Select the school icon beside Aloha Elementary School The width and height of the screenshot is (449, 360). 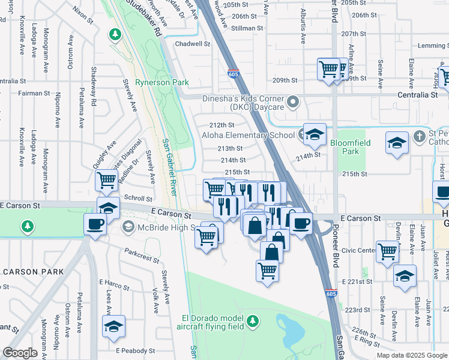click(314, 136)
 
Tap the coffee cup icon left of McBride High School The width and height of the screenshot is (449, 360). click(95, 224)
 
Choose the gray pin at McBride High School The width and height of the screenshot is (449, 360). click(127, 227)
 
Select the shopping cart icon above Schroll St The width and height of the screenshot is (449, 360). click(106, 179)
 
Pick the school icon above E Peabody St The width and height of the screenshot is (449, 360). click(113, 326)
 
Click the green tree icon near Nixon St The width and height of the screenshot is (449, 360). click(115, 35)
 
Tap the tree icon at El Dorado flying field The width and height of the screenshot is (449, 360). click(253, 321)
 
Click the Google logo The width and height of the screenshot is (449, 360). click(20, 353)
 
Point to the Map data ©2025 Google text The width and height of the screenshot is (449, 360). click(411, 355)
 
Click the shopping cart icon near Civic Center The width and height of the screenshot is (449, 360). click(388, 251)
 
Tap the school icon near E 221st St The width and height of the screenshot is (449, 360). click(405, 276)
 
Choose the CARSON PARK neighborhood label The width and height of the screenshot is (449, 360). click(33, 272)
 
